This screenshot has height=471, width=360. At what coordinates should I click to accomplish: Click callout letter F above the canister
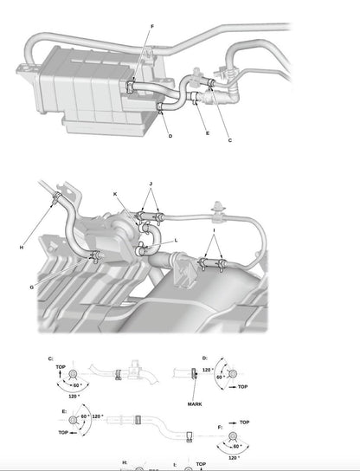[152, 27]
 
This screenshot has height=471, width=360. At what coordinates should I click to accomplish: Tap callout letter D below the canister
[170, 137]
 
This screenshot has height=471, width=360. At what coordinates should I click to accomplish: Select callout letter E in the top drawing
[207, 132]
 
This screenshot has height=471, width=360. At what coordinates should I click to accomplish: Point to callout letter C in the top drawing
[229, 139]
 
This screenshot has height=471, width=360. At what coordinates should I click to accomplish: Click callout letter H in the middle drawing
[22, 247]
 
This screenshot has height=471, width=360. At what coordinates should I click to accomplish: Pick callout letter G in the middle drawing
[32, 287]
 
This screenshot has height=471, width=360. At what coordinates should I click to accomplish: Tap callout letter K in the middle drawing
[115, 194]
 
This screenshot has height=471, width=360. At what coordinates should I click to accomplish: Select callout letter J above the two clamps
[151, 184]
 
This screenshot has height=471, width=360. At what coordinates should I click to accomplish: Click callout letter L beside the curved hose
[176, 240]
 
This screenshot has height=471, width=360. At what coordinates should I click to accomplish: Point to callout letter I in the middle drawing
[214, 232]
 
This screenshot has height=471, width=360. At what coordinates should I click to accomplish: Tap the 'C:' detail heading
[50, 358]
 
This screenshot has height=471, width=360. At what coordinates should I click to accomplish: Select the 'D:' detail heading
[204, 358]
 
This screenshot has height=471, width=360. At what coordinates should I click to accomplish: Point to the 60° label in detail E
[85, 416]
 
